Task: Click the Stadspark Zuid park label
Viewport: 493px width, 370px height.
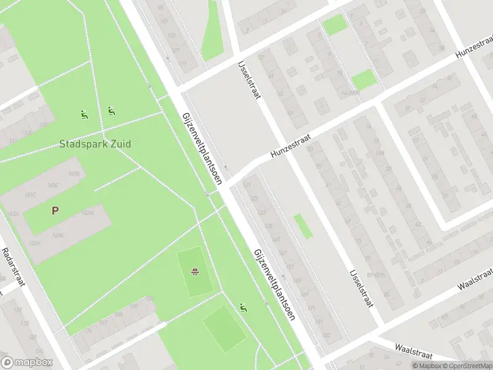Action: (x=95, y=144)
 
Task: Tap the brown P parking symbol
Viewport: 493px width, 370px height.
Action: (x=55, y=210)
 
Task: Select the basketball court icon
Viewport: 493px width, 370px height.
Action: (x=195, y=271)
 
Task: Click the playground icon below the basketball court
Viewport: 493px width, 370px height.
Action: (x=244, y=306)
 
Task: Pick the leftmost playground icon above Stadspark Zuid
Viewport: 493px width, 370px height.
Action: (x=84, y=114)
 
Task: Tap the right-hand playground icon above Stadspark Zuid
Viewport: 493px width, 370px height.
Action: (x=111, y=111)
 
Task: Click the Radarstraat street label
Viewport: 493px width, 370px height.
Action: (x=13, y=268)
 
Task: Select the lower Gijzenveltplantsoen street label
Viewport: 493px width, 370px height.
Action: (x=274, y=284)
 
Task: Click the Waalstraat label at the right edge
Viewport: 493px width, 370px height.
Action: (x=476, y=280)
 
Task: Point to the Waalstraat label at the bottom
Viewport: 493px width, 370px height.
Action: (x=414, y=351)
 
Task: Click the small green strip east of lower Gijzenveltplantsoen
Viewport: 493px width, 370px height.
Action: (x=302, y=226)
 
